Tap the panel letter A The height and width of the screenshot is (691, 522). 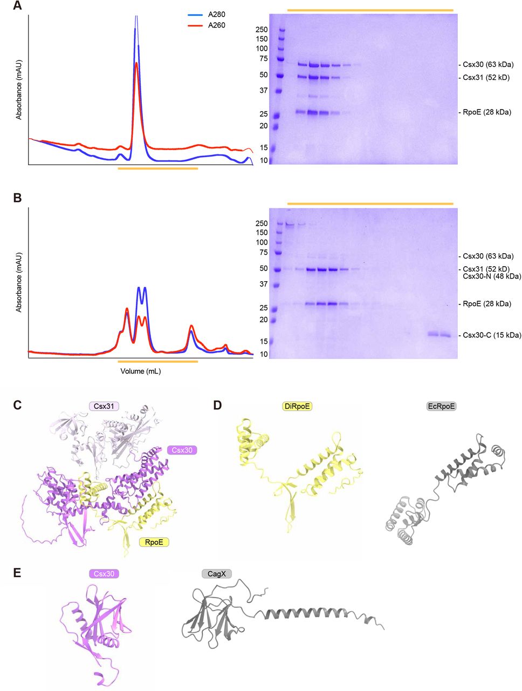[x=17, y=6]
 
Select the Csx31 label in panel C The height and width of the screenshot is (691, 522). [x=104, y=406]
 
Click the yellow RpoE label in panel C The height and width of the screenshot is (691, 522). [x=154, y=542]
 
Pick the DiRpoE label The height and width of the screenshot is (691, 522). [x=297, y=406]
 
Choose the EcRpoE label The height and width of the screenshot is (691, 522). [x=441, y=406]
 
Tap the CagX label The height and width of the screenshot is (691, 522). [x=217, y=574]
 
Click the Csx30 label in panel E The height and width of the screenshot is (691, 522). [x=104, y=574]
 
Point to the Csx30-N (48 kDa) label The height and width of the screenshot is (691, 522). [x=492, y=276]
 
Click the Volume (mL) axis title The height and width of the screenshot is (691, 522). [x=141, y=371]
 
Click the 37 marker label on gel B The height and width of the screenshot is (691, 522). [x=263, y=284]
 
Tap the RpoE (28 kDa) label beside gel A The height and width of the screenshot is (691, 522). [x=486, y=112]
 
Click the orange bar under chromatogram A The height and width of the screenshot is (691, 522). [x=157, y=168]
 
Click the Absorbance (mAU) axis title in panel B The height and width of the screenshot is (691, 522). [x=19, y=281]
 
